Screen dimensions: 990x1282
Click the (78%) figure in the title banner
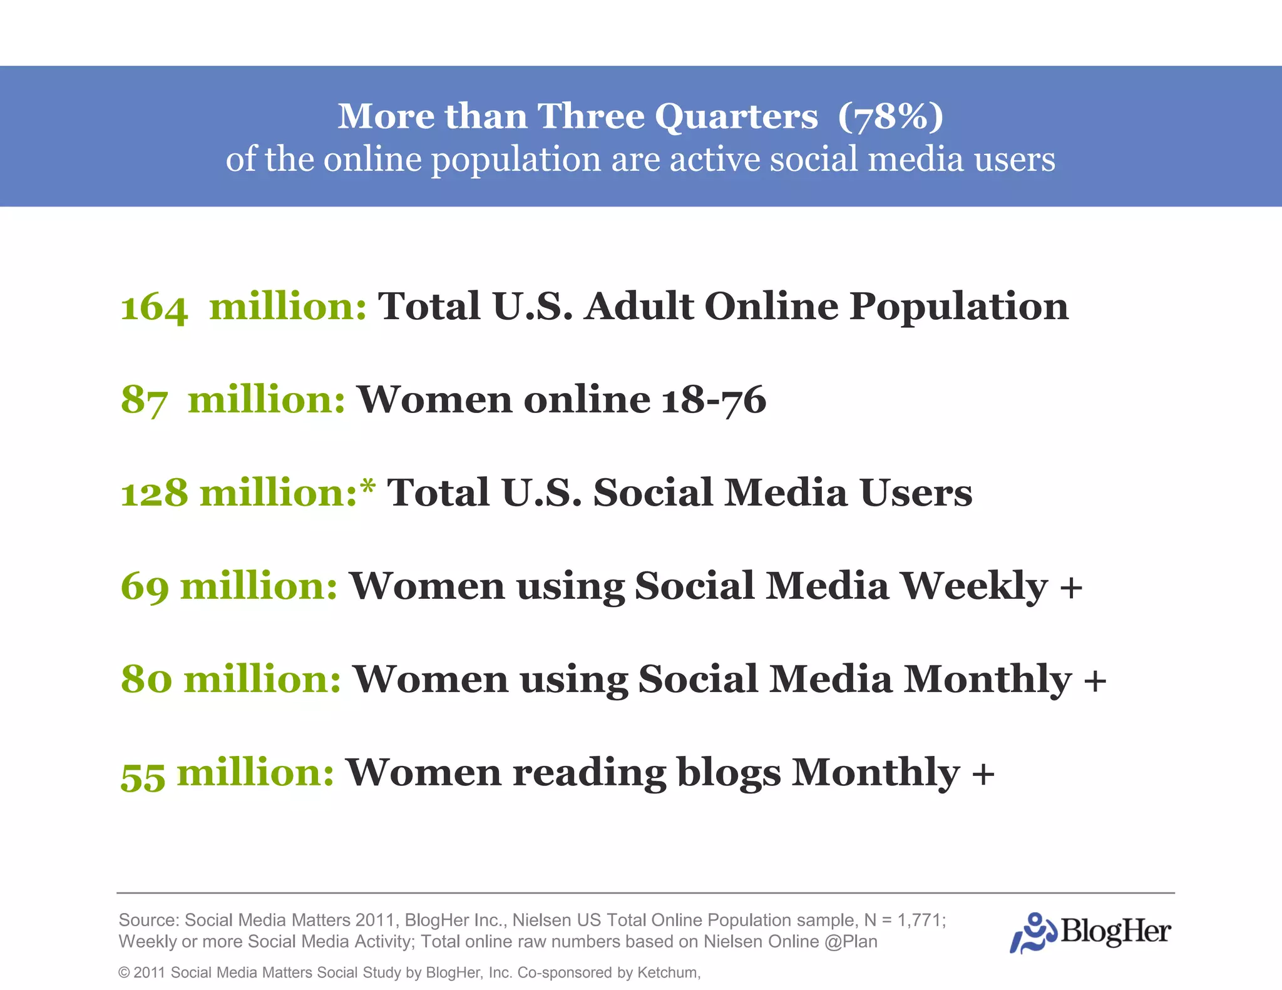click(890, 116)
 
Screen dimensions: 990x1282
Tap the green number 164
click(153, 307)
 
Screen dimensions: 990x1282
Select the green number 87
click(144, 400)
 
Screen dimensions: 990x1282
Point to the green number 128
click(154, 493)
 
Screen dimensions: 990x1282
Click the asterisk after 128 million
click(368, 486)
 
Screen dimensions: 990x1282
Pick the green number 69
click(145, 586)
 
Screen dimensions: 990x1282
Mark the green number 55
click(143, 774)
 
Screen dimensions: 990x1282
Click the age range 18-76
click(714, 400)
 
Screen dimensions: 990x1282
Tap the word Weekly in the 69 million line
click(974, 586)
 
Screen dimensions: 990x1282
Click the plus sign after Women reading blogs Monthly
click(983, 773)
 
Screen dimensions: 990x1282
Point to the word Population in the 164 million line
click(958, 307)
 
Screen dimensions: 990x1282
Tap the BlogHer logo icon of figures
click(1033, 932)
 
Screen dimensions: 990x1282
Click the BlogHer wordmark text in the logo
click(1115, 932)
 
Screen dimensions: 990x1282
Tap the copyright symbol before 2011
click(124, 972)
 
